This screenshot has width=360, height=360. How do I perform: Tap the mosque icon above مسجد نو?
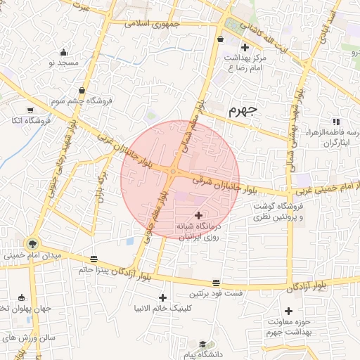pyautogui.click(x=64, y=52)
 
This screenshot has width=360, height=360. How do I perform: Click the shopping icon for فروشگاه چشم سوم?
pyautogui.click(x=83, y=90)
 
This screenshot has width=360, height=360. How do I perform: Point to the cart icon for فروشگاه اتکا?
pyautogui.click(x=30, y=110)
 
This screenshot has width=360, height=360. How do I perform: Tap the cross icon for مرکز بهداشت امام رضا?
pyautogui.click(x=245, y=47)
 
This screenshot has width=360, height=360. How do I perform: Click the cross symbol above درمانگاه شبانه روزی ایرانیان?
pyautogui.click(x=198, y=215)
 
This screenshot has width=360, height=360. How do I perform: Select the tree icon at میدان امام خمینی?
pyautogui.click(x=33, y=244)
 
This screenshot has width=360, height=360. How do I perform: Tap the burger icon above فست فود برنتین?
pyautogui.click(x=215, y=281)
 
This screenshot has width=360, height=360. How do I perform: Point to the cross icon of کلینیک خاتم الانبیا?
pyautogui.click(x=163, y=297)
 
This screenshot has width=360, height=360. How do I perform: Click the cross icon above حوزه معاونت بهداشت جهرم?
pyautogui.click(x=288, y=311)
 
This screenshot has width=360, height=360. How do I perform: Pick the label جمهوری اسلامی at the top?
pyautogui.click(x=153, y=23)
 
